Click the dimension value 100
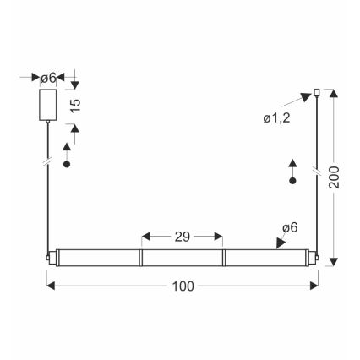[182, 286]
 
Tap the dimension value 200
[336, 176]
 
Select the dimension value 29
[182, 237]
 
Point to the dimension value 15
[76, 105]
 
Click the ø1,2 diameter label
[277, 117]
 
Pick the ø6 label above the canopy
[49, 78]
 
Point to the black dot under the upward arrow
[292, 180]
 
